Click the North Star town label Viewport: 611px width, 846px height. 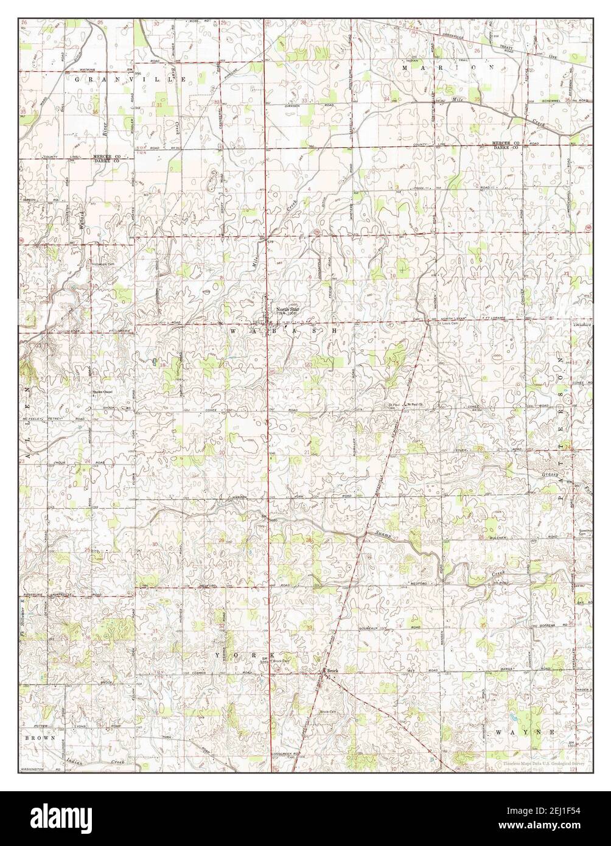pyautogui.click(x=288, y=309)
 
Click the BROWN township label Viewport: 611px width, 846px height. pyautogui.click(x=40, y=737)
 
